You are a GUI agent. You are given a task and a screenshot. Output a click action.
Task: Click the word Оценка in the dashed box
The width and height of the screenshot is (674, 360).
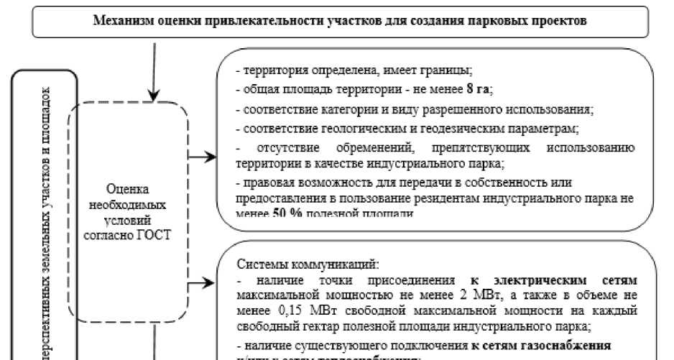127,190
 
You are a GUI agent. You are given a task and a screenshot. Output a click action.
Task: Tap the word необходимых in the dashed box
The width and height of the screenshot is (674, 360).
127,205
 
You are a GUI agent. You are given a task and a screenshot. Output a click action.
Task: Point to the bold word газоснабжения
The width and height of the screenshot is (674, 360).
573,344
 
